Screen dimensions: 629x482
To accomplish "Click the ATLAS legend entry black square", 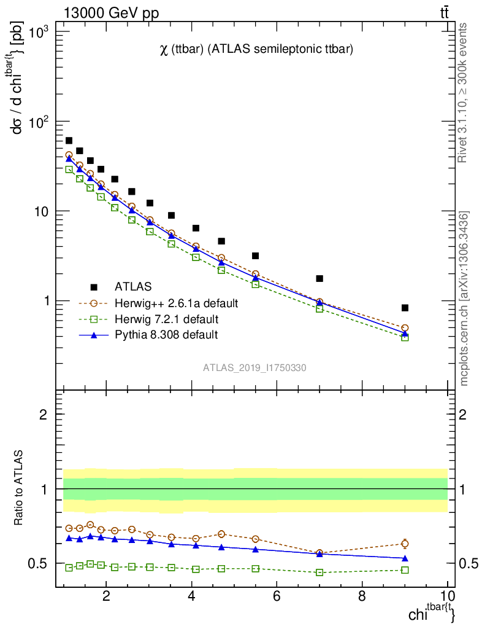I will [94, 286].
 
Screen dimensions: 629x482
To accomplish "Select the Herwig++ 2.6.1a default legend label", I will [176, 303].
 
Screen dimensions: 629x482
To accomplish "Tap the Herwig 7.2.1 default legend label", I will [166, 319].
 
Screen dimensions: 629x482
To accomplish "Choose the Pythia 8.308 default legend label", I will [166, 335].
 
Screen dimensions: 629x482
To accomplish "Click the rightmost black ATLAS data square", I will [405, 308].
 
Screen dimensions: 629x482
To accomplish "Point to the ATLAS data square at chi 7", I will [319, 278].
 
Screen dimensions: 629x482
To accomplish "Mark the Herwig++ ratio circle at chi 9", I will [405, 544].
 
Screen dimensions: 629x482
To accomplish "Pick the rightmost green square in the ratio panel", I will [405, 570].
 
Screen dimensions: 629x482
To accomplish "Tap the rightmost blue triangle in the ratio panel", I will [405, 558].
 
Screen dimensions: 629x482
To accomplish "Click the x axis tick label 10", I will [447, 596].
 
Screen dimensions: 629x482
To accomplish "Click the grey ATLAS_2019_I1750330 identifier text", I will [255, 368].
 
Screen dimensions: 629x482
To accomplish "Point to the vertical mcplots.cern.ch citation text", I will [464, 299].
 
